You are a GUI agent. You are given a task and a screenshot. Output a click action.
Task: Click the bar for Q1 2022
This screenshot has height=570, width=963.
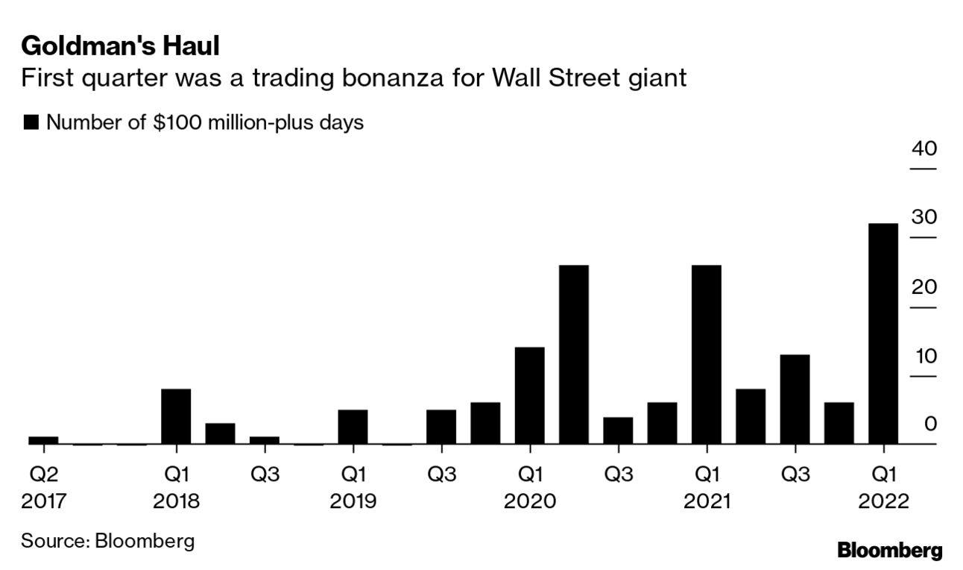click(x=883, y=333)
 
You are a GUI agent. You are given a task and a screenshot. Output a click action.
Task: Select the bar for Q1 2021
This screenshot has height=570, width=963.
click(x=706, y=354)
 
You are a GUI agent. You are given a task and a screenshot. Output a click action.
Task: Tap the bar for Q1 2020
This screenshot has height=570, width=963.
click(x=529, y=395)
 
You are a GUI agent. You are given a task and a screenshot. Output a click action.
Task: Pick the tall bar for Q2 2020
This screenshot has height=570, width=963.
click(x=574, y=354)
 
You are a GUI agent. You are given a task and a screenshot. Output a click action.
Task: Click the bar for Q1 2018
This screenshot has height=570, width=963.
click(x=176, y=416)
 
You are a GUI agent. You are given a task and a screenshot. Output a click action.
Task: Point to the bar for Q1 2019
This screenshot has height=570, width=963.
click(x=353, y=427)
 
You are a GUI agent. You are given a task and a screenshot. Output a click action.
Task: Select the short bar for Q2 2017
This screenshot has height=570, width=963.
click(x=43, y=440)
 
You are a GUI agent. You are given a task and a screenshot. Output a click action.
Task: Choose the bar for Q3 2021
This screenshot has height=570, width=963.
click(x=795, y=399)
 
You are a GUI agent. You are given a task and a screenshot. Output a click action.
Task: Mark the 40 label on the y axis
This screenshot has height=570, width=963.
click(x=924, y=148)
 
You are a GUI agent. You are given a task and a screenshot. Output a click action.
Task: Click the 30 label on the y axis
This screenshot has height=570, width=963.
click(x=924, y=217)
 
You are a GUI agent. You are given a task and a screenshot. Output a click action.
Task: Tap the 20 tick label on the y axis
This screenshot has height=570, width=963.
click(x=924, y=286)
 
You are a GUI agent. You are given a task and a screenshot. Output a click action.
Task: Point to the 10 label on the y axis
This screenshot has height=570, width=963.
click(x=924, y=355)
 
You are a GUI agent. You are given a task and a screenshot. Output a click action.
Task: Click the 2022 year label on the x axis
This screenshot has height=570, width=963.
click(x=883, y=501)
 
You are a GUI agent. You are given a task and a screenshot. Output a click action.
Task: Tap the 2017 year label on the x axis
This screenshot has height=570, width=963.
click(x=44, y=501)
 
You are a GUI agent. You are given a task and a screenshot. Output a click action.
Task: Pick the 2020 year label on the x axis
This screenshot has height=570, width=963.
click(x=529, y=501)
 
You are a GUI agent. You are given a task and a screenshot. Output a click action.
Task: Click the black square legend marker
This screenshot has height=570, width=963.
click(x=31, y=123)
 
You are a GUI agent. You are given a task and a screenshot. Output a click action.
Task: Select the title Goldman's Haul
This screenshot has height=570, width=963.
click(x=120, y=46)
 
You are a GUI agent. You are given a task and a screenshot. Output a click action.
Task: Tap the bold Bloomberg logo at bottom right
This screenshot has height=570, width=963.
click(x=890, y=551)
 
